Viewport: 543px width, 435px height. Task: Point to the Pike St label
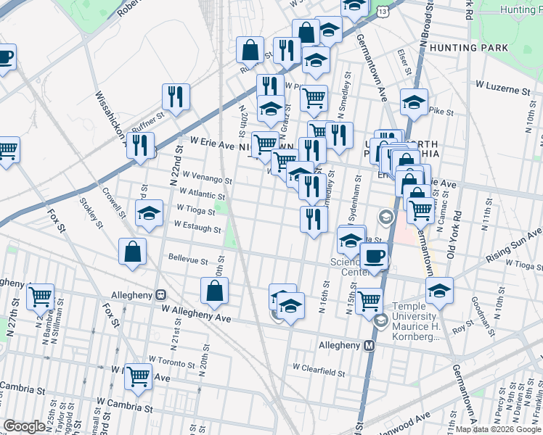click(x=441, y=112)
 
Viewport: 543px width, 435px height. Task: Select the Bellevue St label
click(x=188, y=259)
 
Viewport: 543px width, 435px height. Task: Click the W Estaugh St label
click(x=196, y=229)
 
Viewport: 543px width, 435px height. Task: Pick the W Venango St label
click(x=207, y=178)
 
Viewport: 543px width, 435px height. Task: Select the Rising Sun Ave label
click(x=514, y=242)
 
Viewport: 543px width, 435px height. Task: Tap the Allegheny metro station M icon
click(x=370, y=345)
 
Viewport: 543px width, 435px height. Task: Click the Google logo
click(x=25, y=426)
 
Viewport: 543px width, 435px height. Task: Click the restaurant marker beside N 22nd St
click(x=176, y=95)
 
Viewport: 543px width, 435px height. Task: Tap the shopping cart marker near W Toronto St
click(x=138, y=376)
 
